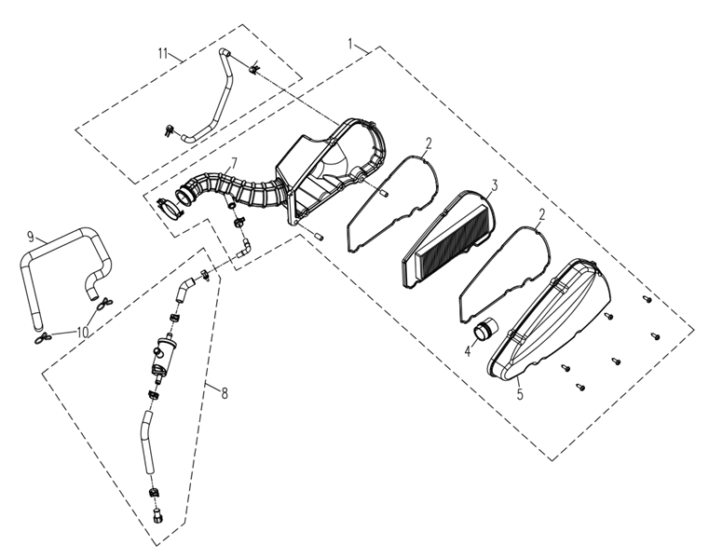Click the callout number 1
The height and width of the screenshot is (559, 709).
[x=350, y=44]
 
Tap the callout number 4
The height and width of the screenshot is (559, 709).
[x=468, y=350]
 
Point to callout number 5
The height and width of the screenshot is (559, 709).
[x=520, y=394]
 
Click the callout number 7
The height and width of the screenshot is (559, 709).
[x=234, y=163]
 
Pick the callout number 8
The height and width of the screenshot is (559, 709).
[x=225, y=393]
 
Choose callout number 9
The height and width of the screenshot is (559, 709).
[x=31, y=236]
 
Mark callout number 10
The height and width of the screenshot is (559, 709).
[x=82, y=333]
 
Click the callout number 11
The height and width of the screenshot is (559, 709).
[x=163, y=53]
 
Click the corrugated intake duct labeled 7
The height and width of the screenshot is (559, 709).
[x=235, y=190]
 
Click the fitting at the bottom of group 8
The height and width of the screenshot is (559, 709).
[x=157, y=515]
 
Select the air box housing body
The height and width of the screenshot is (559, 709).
[x=333, y=171]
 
